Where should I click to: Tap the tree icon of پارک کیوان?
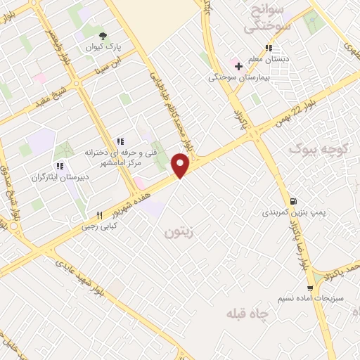tap(103, 36)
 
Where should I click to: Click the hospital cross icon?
tap(239, 67)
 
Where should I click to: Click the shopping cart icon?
tap(310, 288)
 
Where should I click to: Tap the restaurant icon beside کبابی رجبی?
tap(99, 215)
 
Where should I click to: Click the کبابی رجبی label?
tap(98, 226)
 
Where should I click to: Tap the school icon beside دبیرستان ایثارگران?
tap(59, 166)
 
